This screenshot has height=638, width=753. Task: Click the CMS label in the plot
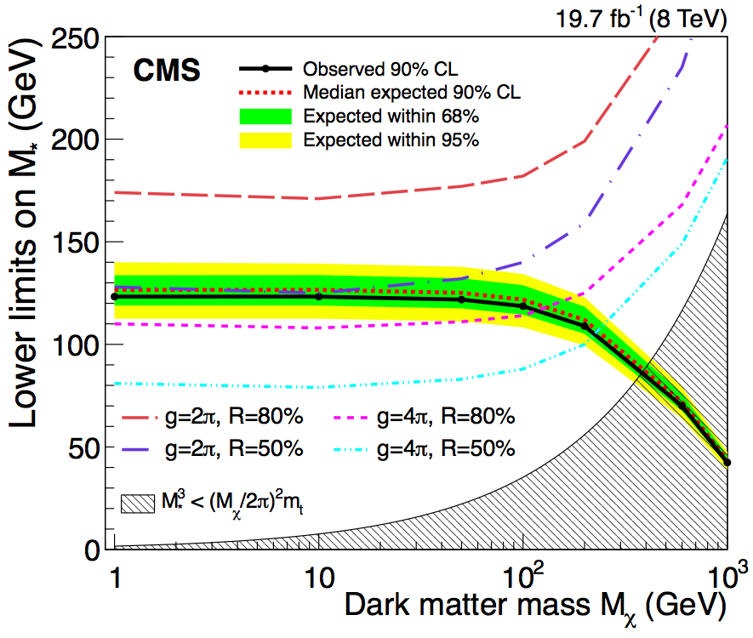click(x=166, y=71)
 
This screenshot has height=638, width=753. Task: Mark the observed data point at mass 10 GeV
click(x=319, y=296)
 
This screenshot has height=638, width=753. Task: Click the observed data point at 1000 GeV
click(x=727, y=463)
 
